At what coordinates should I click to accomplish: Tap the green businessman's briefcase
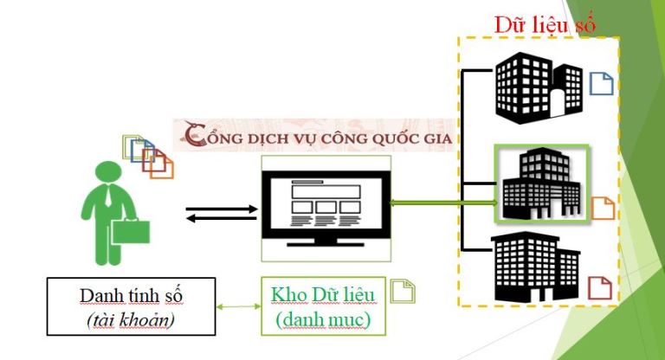(x=129, y=231)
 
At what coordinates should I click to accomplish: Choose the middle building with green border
(x=540, y=184)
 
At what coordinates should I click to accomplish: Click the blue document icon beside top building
(x=601, y=85)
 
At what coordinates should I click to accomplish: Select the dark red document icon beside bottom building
(x=600, y=287)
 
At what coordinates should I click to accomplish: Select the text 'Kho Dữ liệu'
(x=323, y=294)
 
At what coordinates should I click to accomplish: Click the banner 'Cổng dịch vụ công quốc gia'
(x=320, y=135)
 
